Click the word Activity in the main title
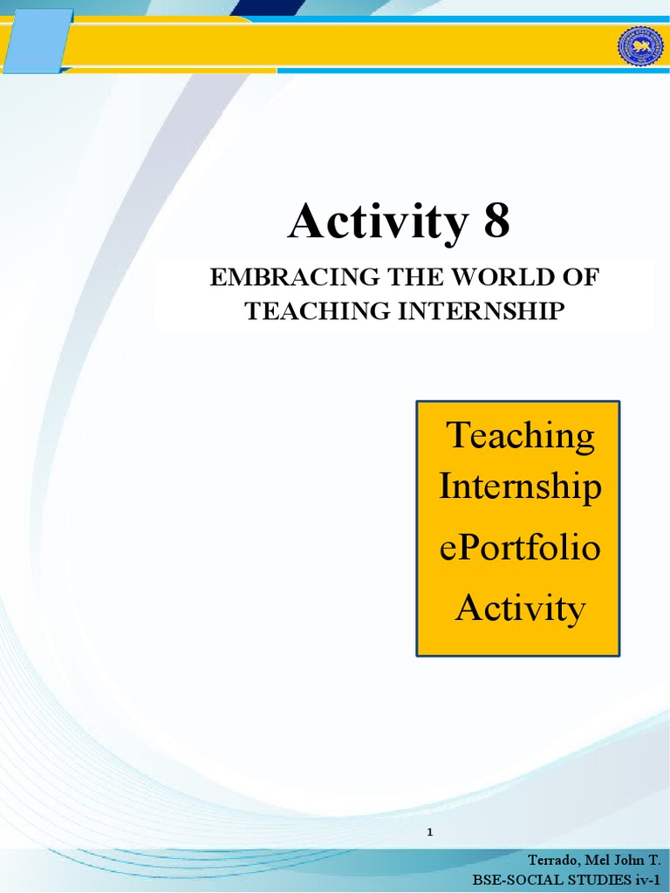[378, 222]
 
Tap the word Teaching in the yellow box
[521, 435]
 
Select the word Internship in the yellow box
[520, 486]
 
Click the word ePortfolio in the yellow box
[520, 549]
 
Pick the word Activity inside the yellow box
[520, 607]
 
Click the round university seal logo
[640, 45]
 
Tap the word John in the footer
[628, 860]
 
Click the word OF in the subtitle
[580, 278]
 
